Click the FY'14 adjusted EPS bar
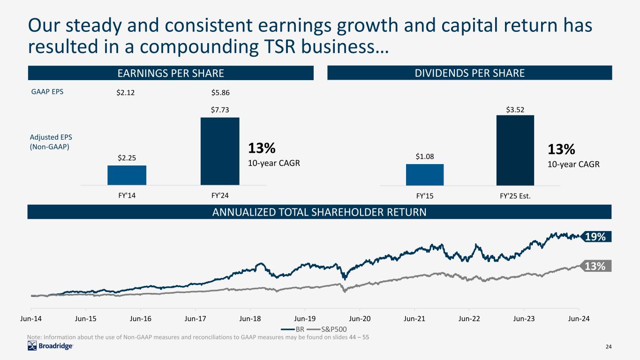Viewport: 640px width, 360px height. pyautogui.click(x=127, y=175)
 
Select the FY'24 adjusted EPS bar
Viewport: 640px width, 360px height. pyautogui.click(x=219, y=151)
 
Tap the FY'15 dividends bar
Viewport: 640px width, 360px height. pyautogui.click(x=424, y=174)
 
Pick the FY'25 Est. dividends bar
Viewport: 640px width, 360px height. pyautogui.click(x=515, y=150)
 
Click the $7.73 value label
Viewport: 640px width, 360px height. pyautogui.click(x=219, y=110)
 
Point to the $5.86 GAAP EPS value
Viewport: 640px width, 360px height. pyautogui.click(x=219, y=93)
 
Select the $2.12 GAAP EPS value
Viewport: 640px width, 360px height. pyautogui.click(x=126, y=93)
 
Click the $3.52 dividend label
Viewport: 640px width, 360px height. pyautogui.click(x=515, y=110)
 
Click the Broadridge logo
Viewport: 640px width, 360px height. pyautogui.click(x=50, y=346)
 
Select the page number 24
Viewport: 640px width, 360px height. pyautogui.click(x=609, y=346)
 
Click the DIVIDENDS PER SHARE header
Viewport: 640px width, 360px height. pyautogui.click(x=469, y=73)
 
